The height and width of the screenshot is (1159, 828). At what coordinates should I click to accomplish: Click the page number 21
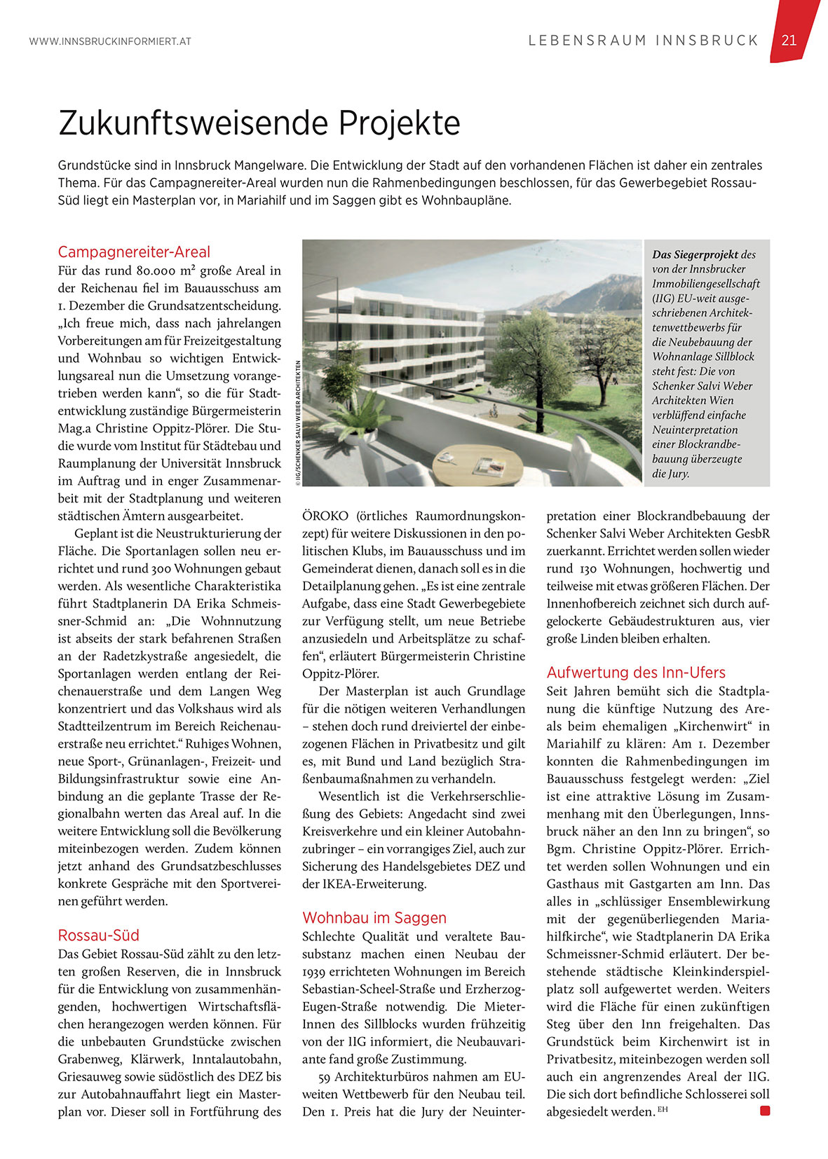click(789, 40)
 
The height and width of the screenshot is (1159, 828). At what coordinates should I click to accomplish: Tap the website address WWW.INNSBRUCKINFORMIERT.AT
click(110, 41)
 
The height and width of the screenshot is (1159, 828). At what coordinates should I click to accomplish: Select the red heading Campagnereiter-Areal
click(134, 252)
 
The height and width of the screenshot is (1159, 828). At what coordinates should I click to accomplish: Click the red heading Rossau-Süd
click(99, 935)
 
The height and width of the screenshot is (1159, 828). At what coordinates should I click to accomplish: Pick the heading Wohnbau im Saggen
click(374, 917)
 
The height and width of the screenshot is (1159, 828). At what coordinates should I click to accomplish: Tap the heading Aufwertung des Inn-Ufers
click(636, 672)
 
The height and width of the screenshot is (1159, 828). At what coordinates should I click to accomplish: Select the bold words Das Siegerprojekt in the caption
click(695, 254)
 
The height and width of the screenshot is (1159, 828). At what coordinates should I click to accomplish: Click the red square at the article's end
click(765, 1110)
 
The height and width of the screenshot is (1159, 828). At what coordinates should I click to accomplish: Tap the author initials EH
click(663, 1109)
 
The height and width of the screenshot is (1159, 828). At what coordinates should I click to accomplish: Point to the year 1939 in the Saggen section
click(317, 971)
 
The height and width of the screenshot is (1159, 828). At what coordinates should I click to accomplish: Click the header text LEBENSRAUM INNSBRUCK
click(644, 41)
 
